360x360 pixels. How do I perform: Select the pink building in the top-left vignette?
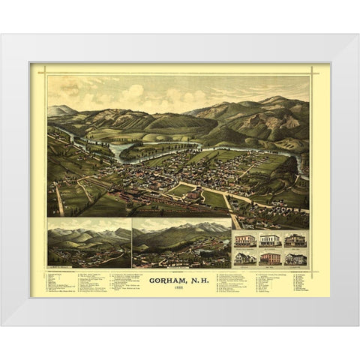pyautogui.click(x=244, y=241)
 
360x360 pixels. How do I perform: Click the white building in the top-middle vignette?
pyautogui.click(x=270, y=241)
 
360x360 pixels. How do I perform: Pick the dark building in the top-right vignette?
pyautogui.click(x=295, y=240)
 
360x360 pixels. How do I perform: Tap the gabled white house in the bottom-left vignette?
pyautogui.click(x=244, y=258)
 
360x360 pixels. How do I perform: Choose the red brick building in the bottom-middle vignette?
pyautogui.click(x=270, y=258)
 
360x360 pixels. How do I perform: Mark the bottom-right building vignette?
pyautogui.click(x=295, y=258)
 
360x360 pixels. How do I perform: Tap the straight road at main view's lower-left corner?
pyautogui.click(x=58, y=199)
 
